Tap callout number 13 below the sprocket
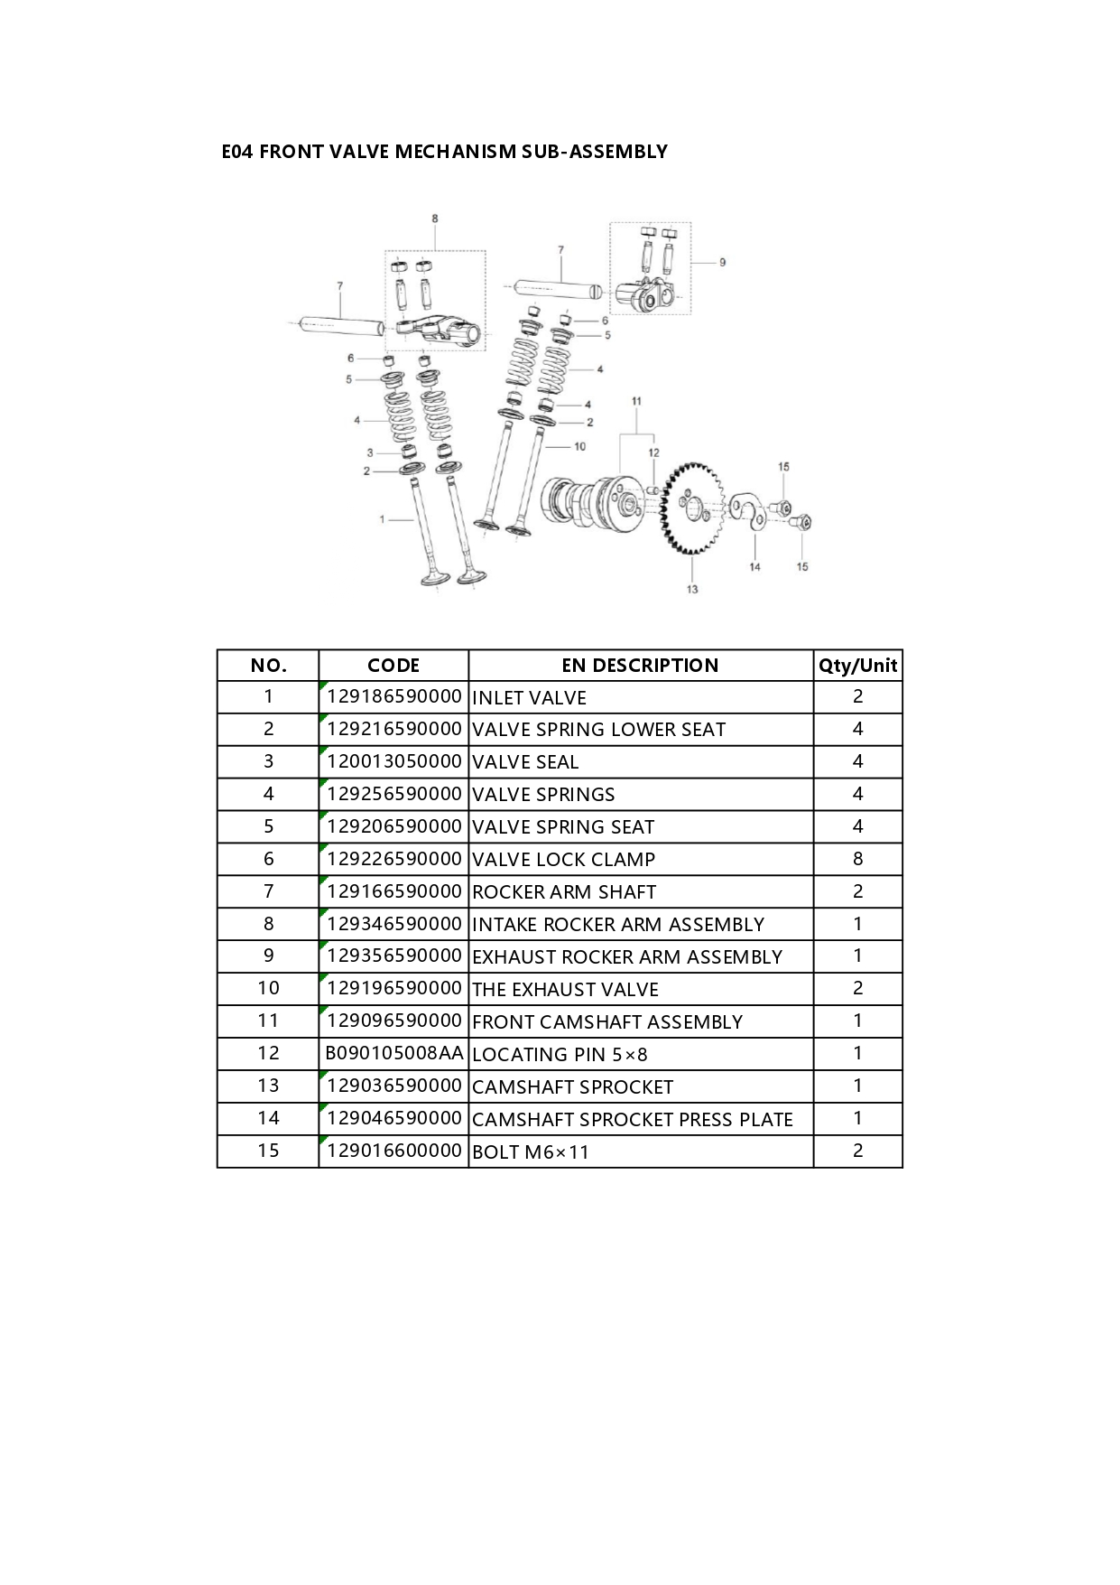692,589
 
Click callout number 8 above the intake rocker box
435,219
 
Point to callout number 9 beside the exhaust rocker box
722,262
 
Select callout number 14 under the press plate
754,566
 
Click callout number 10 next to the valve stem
579,446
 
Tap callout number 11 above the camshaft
636,401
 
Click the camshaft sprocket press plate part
748,511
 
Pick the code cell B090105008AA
394,1053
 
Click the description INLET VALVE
530,697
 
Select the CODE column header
393,666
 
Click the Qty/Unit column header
857,666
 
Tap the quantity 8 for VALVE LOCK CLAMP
857,859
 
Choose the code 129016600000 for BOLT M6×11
394,1151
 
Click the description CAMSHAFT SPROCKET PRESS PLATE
633,1119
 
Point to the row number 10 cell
268,988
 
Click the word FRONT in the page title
292,152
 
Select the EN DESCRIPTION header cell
641,666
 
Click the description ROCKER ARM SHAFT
564,891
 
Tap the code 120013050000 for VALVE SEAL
394,761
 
